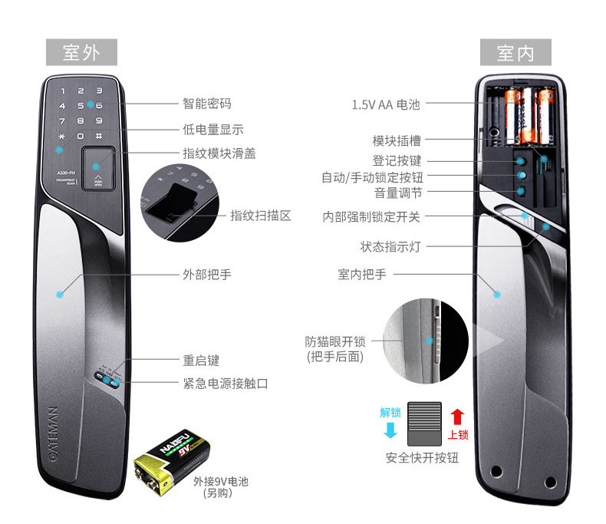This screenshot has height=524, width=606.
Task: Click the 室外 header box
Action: [x=81, y=52]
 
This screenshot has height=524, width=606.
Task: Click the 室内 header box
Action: [x=515, y=52]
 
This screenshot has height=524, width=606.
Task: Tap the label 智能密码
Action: [x=206, y=104]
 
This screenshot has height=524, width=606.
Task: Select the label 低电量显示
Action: [x=213, y=130]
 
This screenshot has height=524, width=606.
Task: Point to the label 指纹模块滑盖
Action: [x=219, y=153]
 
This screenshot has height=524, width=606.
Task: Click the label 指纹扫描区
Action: [x=261, y=216]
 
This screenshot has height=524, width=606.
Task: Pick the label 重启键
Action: [x=201, y=360]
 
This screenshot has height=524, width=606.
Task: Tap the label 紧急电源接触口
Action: [x=226, y=383]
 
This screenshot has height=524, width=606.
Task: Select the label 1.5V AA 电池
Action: [x=386, y=104]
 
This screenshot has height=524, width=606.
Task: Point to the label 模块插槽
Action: [x=397, y=141]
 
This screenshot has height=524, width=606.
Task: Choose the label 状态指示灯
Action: [x=390, y=246]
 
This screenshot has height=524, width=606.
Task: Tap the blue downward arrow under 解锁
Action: [x=390, y=430]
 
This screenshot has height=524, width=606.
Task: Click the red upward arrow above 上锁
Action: [x=457, y=417]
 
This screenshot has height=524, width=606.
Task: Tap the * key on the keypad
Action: [x=62, y=136]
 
